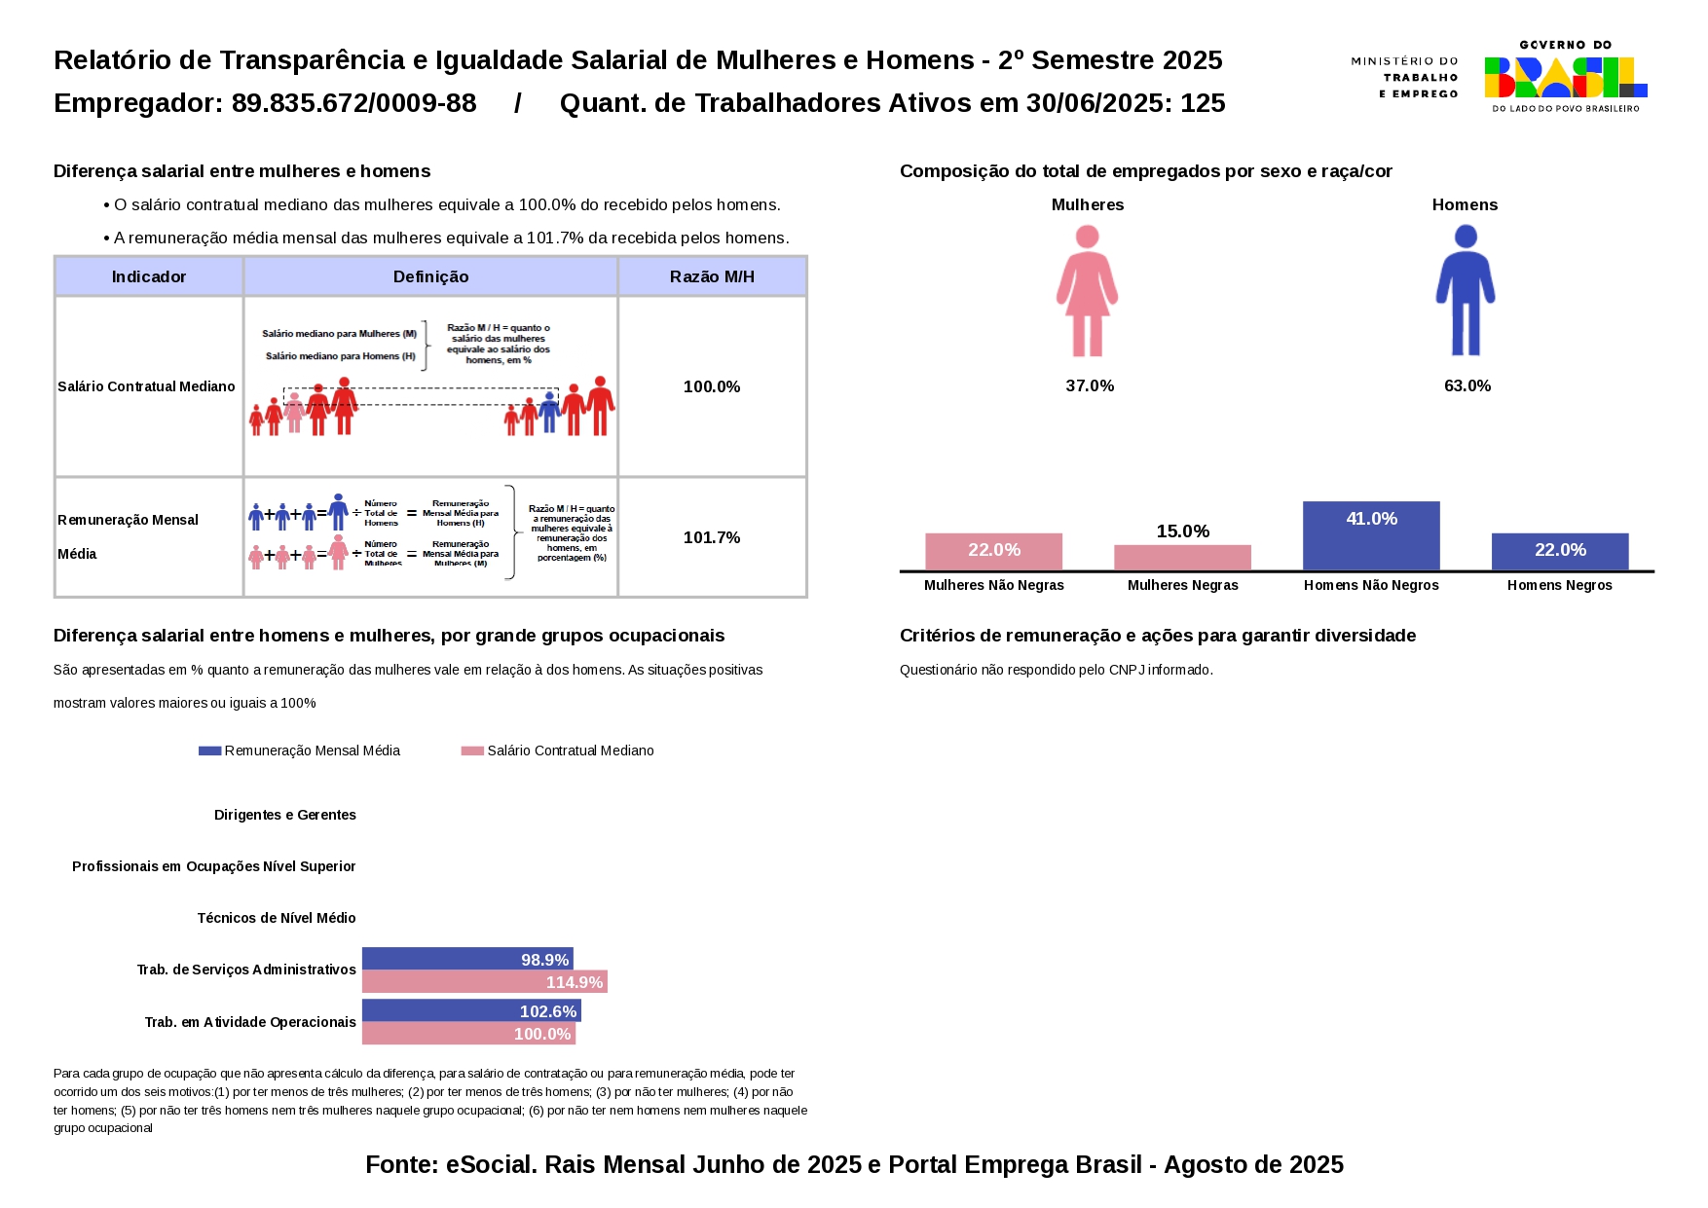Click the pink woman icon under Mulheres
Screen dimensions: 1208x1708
(1087, 291)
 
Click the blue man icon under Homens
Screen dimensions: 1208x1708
(1465, 291)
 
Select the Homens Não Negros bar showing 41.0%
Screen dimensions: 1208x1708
(1370, 535)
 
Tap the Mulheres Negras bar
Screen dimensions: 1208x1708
(1182, 557)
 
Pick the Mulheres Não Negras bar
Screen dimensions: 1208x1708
(993, 551)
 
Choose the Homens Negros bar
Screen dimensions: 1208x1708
(1559, 551)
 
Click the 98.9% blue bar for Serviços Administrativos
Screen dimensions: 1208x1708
(467, 959)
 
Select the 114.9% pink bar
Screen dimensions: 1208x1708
(484, 982)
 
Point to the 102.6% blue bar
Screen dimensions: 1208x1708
(471, 1010)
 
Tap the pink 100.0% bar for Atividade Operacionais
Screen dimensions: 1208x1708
(468, 1034)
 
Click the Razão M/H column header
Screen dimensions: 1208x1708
(712, 276)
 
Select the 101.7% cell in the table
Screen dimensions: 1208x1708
(712, 537)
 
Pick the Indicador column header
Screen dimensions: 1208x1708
(149, 276)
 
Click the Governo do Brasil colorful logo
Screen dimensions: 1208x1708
(1565, 77)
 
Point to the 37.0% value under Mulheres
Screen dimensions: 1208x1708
(1090, 385)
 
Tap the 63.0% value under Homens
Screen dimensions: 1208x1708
(1467, 385)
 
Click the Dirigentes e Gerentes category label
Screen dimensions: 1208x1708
(285, 815)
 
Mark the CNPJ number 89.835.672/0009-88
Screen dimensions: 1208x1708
(353, 103)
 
